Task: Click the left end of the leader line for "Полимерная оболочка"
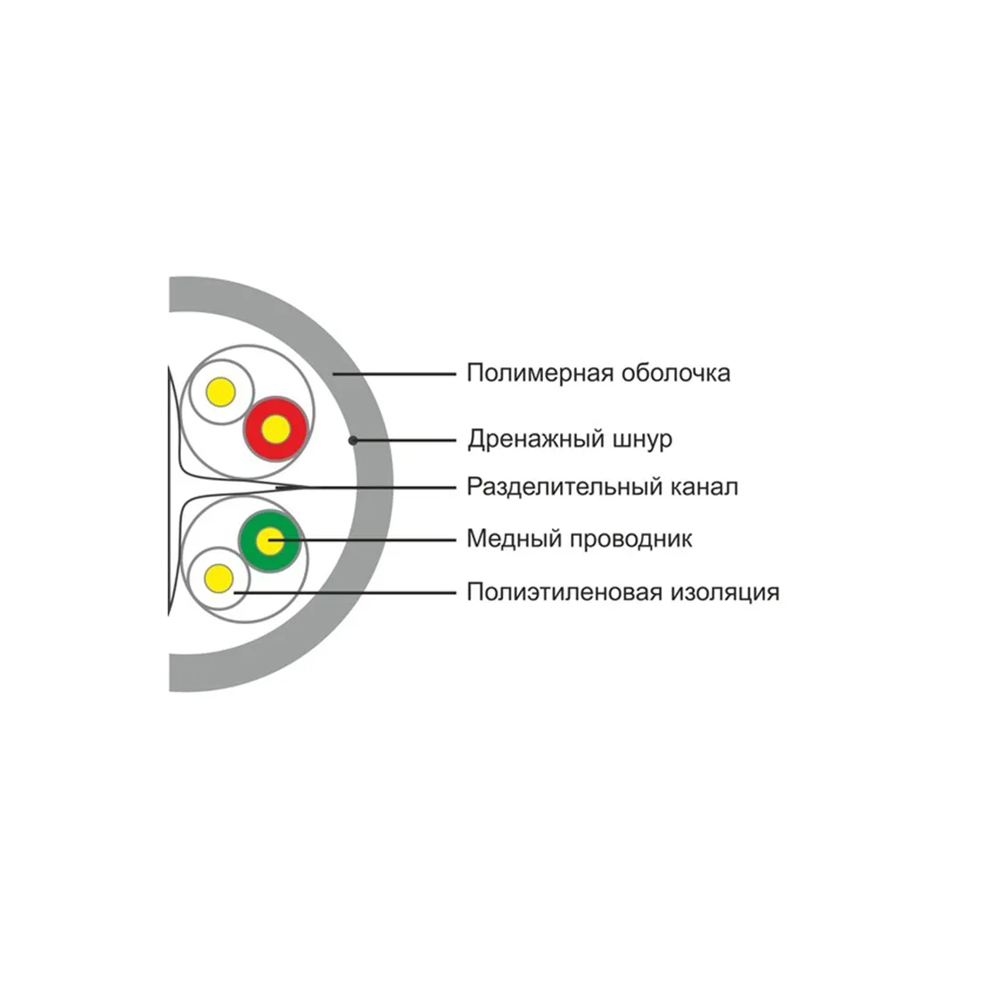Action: click(333, 375)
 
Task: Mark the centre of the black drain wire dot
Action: click(353, 441)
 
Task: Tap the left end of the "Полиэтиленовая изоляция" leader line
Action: click(234, 592)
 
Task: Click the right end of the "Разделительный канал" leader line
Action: click(456, 487)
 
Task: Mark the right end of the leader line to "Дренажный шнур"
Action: click(456, 441)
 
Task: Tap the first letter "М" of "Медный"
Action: click(477, 539)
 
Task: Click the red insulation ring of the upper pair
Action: click(276, 429)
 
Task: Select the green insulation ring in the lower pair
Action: click(269, 541)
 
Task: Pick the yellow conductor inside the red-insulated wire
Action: click(276, 429)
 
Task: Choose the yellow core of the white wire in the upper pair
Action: click(220, 392)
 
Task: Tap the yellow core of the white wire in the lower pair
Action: click(218, 578)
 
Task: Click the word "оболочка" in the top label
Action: click(676, 373)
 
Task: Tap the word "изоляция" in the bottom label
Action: click(725, 592)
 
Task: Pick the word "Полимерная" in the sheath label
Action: click(540, 373)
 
